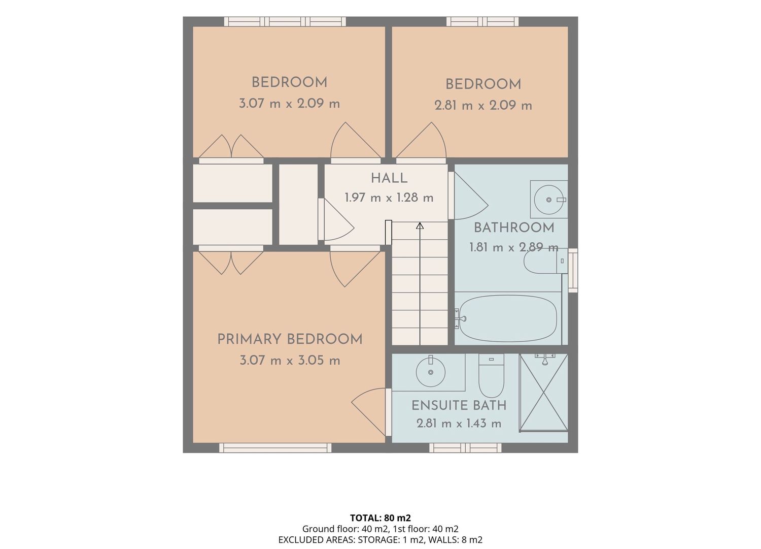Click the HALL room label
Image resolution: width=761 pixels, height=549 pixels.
tap(389, 178)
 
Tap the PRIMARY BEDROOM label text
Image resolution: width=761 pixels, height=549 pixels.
tap(290, 339)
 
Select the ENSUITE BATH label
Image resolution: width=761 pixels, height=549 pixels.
tap(459, 405)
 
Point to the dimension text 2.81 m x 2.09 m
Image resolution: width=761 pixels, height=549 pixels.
tap(483, 106)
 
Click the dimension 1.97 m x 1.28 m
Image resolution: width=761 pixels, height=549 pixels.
tap(389, 198)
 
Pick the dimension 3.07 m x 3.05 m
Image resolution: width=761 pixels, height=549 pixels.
tap(290, 360)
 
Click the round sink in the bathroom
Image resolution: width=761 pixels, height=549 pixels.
tap(548, 200)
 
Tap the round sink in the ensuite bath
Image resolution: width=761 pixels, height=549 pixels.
tap(430, 372)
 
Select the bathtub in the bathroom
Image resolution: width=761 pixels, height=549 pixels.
tap(506, 318)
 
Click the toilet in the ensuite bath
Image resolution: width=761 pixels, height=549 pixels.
tap(491, 376)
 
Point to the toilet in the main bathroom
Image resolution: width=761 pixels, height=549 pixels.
tap(545, 261)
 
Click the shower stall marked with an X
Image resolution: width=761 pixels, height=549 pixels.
tap(543, 393)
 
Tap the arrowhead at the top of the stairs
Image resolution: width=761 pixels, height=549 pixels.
tap(420, 225)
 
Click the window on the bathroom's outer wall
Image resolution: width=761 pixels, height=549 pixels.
tap(573, 270)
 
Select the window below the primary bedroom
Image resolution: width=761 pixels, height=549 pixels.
tap(275, 447)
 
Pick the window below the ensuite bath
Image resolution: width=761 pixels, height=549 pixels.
tap(465, 447)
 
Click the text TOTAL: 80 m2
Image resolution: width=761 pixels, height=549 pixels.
tap(380, 518)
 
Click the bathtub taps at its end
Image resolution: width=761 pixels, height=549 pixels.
tap(460, 318)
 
